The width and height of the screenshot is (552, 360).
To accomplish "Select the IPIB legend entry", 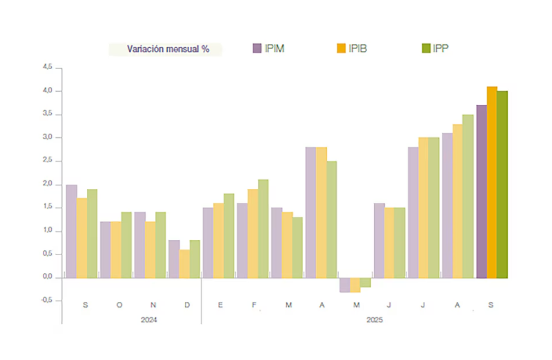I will (351, 48).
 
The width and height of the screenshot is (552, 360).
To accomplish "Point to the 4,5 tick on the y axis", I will (47, 67).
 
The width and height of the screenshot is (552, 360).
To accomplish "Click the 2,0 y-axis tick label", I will (47, 184).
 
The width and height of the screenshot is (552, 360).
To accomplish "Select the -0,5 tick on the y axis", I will (46, 301).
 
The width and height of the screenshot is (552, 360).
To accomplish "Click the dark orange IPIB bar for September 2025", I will (491, 182).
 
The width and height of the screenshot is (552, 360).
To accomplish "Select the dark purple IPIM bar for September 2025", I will (481, 191).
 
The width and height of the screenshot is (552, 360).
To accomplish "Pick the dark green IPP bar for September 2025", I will (502, 184).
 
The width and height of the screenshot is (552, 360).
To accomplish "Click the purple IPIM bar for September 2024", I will (71, 231).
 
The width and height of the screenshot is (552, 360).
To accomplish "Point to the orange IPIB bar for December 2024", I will (184, 263).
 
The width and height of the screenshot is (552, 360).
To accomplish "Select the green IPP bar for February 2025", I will (263, 228).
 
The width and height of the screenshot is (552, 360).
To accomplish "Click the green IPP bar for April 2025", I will (331, 219).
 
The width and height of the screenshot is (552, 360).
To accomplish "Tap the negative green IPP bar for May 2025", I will (366, 283).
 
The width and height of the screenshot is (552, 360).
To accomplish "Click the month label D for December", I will (188, 304).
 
